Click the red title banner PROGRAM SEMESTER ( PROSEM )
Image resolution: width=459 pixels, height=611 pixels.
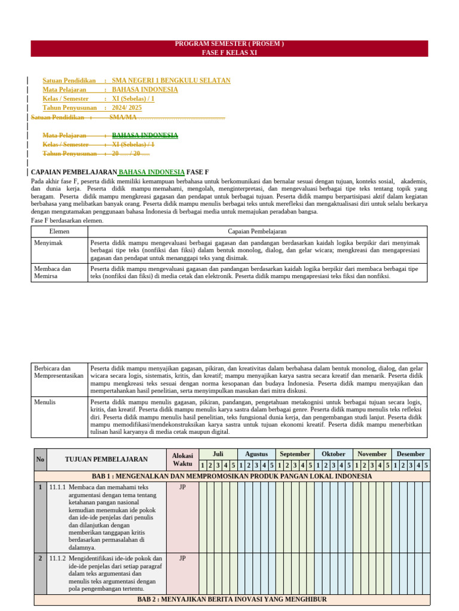(x=229, y=44)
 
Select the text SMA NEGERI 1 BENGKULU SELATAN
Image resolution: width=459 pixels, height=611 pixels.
(x=171, y=81)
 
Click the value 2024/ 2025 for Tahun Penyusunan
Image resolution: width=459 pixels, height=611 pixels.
(x=127, y=107)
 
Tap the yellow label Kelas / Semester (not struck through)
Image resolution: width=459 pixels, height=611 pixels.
(x=65, y=98)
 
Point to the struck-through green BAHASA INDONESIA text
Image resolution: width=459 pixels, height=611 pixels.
(x=145, y=135)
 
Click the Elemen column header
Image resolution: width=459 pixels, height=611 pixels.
(x=59, y=231)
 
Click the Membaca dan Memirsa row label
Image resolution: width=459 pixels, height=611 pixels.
(x=52, y=273)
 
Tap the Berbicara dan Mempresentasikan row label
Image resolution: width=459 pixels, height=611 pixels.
(x=59, y=372)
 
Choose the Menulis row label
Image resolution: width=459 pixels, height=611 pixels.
(x=45, y=402)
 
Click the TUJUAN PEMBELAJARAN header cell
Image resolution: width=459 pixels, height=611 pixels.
(x=106, y=459)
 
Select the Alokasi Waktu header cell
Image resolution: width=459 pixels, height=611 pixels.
(x=182, y=459)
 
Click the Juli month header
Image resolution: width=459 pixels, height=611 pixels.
(x=218, y=453)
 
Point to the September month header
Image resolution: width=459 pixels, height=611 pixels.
(x=295, y=453)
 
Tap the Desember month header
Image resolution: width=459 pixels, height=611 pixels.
(x=411, y=453)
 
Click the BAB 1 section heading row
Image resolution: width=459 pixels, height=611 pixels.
(x=231, y=476)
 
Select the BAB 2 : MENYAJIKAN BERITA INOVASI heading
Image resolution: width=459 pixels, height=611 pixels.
(x=231, y=599)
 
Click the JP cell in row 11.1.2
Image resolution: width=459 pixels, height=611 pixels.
(x=182, y=558)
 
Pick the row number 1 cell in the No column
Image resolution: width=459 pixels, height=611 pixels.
(x=40, y=487)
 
